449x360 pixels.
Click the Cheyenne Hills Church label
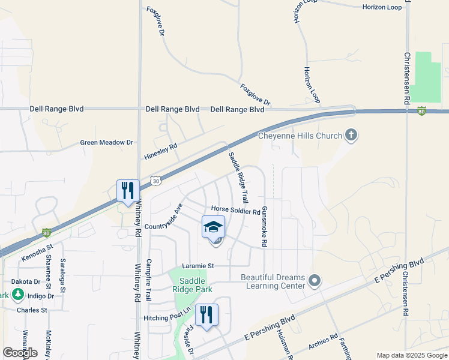coord(300,136)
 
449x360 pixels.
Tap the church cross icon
coord(351,136)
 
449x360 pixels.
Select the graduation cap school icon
coord(213,227)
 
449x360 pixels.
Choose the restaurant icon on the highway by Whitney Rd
coord(128,191)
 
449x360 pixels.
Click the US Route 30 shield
coord(156,179)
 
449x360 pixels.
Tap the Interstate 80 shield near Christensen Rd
coord(422,110)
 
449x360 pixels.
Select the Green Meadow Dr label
coord(107,143)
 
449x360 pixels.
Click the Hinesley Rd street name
coord(161,152)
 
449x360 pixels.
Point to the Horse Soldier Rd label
coord(235,211)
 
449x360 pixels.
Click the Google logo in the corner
coord(20,353)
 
